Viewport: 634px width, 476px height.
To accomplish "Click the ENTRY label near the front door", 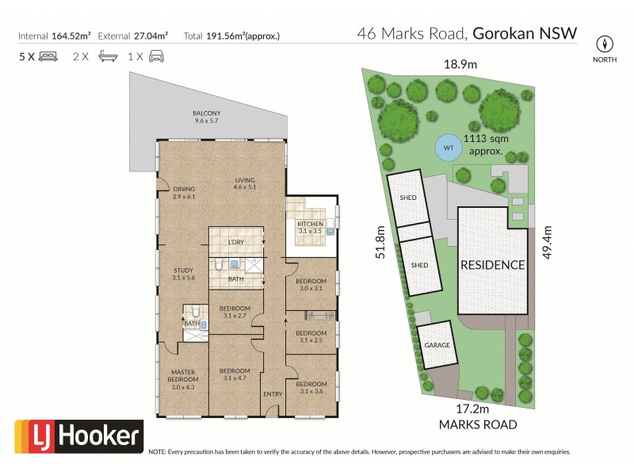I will tap(272, 394).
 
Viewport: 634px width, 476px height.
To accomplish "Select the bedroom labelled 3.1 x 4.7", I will tap(235, 374).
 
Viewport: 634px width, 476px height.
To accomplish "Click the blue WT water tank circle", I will tap(448, 148).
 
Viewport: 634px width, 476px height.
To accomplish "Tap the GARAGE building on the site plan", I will tap(437, 346).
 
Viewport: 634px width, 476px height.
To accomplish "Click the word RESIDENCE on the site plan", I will tap(493, 265).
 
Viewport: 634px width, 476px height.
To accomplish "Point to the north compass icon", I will tap(606, 44).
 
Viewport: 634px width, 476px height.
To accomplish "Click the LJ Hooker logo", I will tap(78, 436).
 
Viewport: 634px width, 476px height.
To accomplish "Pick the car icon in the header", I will tap(156, 57).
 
